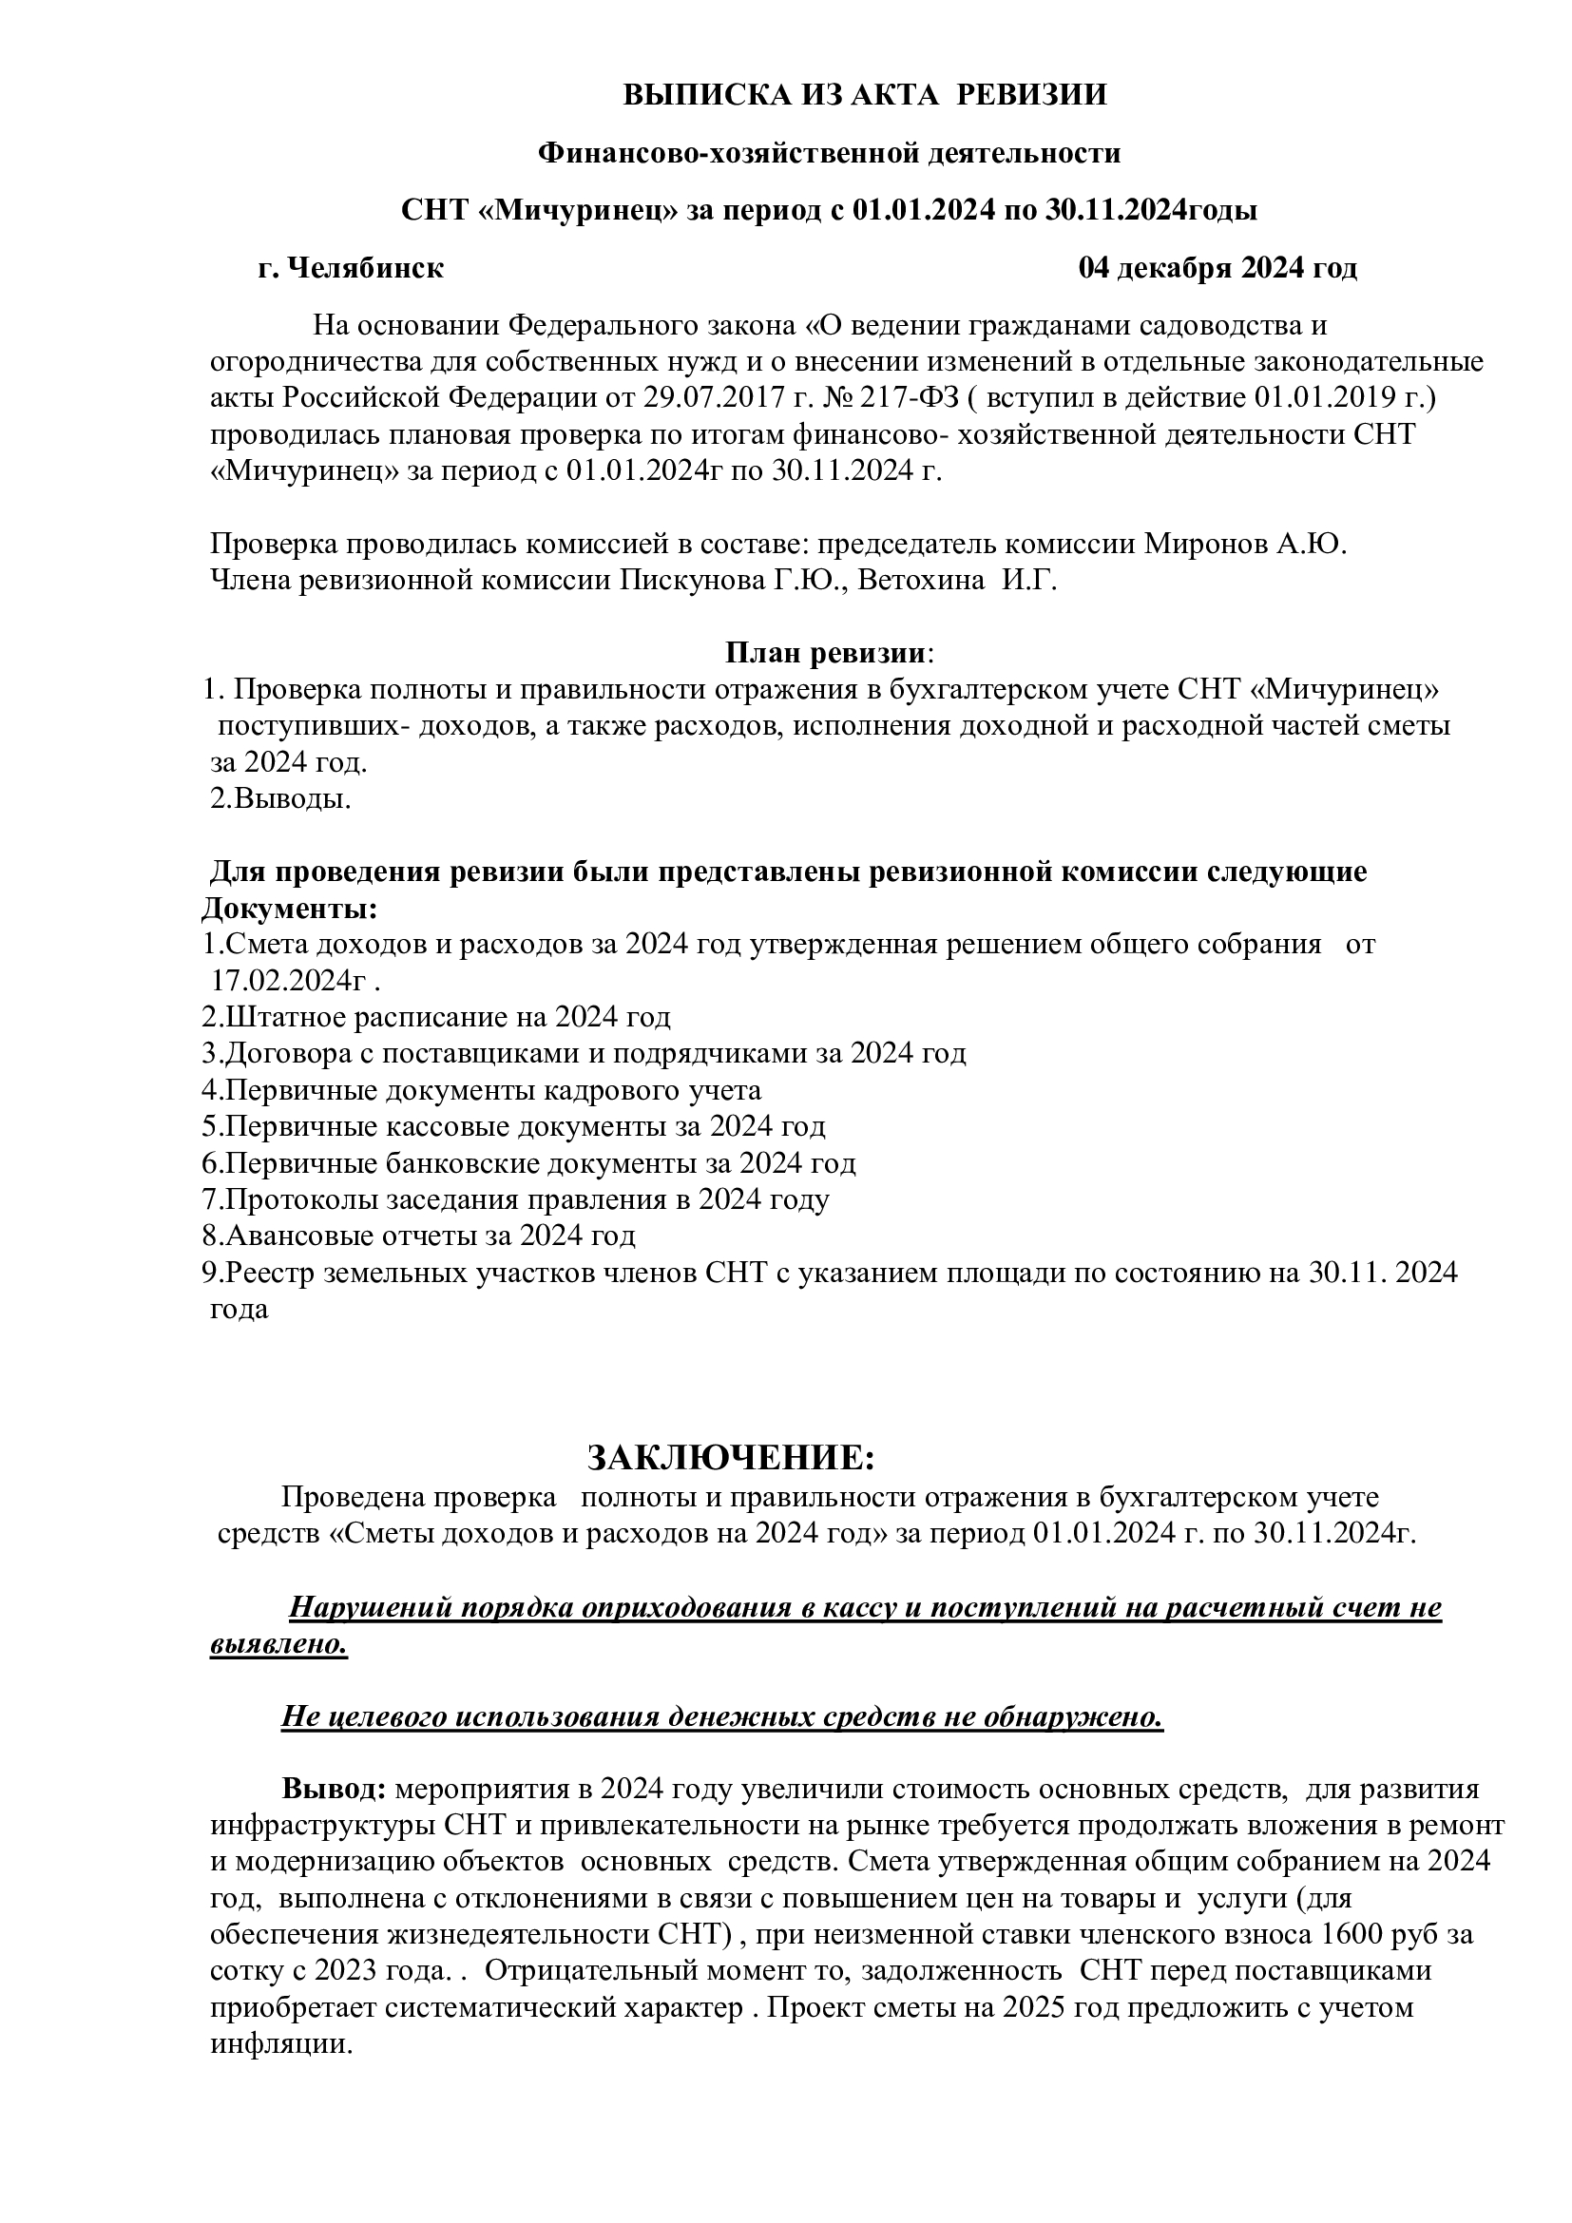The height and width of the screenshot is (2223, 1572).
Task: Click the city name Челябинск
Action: coord(365,268)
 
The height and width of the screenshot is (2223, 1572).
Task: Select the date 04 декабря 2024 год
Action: coord(1217,268)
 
